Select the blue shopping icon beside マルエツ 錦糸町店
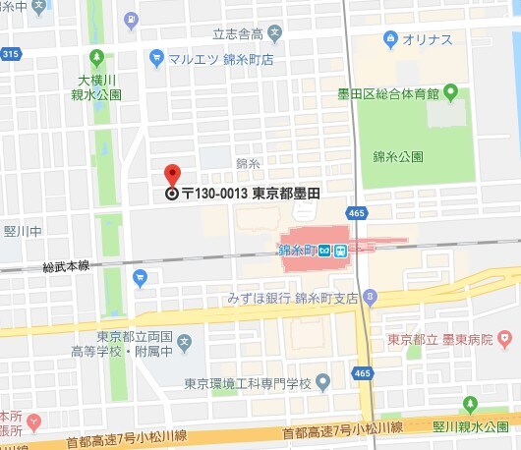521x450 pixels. (x=156, y=59)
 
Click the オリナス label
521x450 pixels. (x=430, y=39)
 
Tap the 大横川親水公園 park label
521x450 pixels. (x=99, y=87)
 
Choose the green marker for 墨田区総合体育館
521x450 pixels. (x=451, y=93)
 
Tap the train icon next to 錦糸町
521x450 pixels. (x=338, y=250)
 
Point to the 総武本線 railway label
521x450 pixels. (x=66, y=266)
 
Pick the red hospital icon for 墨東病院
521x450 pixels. (x=505, y=340)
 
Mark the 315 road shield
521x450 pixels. (x=10, y=53)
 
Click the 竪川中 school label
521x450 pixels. (x=21, y=232)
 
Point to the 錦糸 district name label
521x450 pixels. (x=248, y=163)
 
